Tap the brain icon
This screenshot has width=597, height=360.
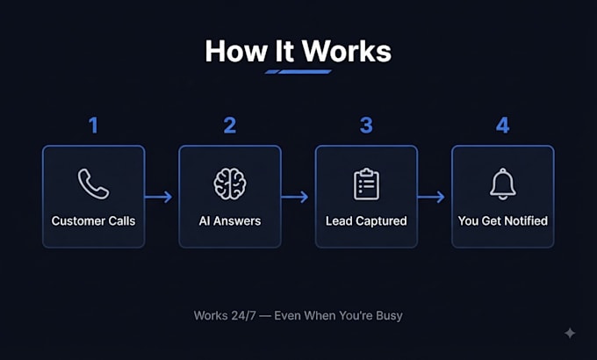[x=230, y=184]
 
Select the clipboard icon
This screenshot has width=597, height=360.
[x=366, y=184]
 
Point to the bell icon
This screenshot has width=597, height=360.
[x=502, y=184]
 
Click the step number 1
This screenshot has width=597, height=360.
[x=94, y=126]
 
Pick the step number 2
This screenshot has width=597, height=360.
[x=230, y=126]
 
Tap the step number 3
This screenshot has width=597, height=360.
[x=366, y=126]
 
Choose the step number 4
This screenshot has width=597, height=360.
[x=502, y=126]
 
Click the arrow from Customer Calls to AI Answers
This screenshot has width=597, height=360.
[x=158, y=197]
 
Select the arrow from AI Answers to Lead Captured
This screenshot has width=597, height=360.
[x=295, y=197]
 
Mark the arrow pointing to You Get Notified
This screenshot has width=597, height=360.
[x=431, y=197]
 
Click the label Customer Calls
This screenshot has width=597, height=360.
[x=93, y=221]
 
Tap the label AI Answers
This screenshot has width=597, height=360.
[x=230, y=221]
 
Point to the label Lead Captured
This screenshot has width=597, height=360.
[x=366, y=221]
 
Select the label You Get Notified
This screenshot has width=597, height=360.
[x=502, y=221]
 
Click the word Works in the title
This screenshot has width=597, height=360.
[x=347, y=51]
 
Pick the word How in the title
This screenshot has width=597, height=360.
[x=236, y=51]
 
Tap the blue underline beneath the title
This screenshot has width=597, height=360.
[x=298, y=72]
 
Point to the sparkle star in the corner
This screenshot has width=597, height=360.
[x=570, y=333]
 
